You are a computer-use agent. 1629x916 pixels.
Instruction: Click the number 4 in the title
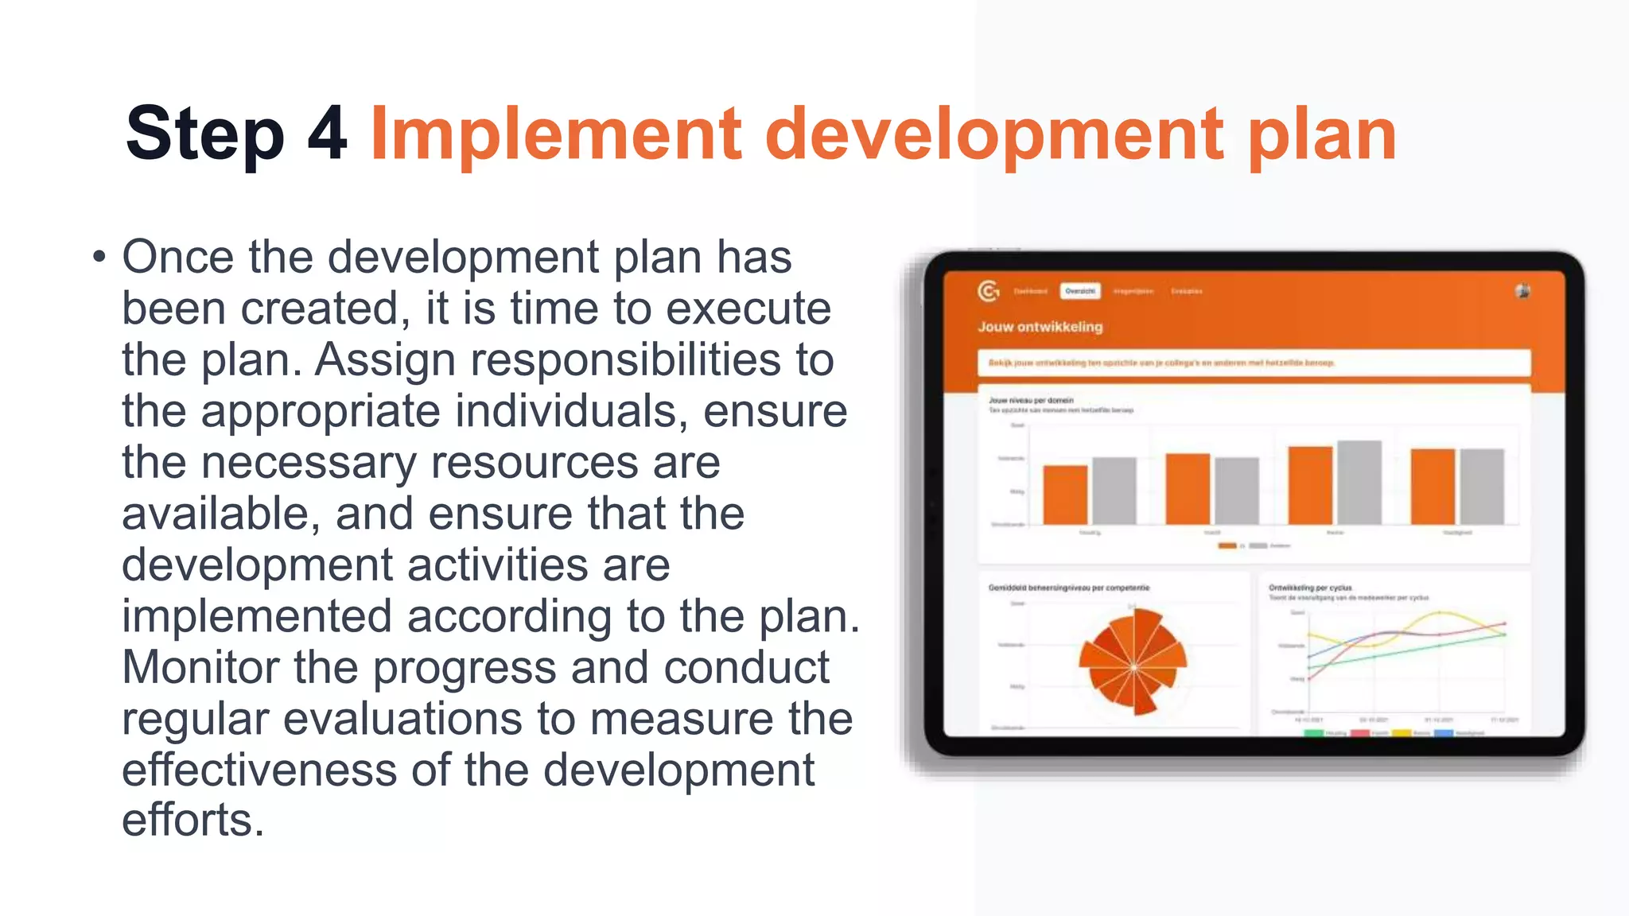(x=327, y=134)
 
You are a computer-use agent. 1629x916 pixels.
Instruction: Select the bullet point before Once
(x=99, y=258)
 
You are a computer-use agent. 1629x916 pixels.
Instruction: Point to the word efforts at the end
(x=192, y=820)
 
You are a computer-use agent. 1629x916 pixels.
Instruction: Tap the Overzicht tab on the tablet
(x=1079, y=291)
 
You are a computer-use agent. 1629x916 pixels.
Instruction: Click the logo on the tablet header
(x=988, y=292)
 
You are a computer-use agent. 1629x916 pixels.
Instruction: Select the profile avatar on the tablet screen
(x=1522, y=291)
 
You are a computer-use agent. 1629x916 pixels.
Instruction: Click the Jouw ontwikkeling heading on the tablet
(x=1040, y=327)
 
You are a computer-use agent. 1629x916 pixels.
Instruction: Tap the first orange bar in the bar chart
(x=1065, y=495)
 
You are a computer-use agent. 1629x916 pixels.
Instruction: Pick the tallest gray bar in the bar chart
(x=1359, y=482)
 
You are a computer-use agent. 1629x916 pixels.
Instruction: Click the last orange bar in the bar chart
(x=1433, y=486)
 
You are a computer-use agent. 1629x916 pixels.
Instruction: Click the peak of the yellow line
(x=1440, y=613)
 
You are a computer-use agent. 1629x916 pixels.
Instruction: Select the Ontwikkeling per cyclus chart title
(x=1309, y=588)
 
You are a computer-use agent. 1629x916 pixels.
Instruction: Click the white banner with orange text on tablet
(x=1253, y=363)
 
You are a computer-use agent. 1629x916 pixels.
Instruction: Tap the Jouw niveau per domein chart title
(x=1031, y=400)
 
